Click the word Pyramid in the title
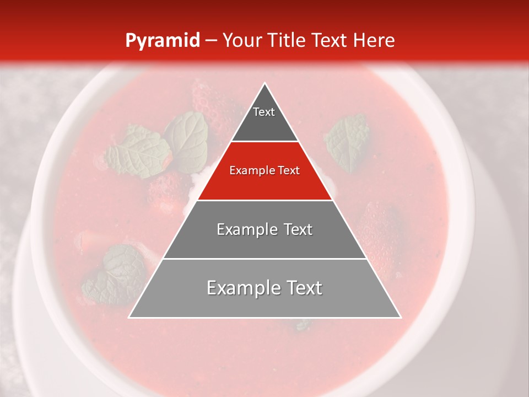[x=162, y=40]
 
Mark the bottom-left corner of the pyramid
[x=129, y=317]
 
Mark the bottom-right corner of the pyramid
[x=401, y=317]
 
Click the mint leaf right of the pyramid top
[x=347, y=141]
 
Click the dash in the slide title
[x=210, y=40]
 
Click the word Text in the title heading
[x=331, y=40]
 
